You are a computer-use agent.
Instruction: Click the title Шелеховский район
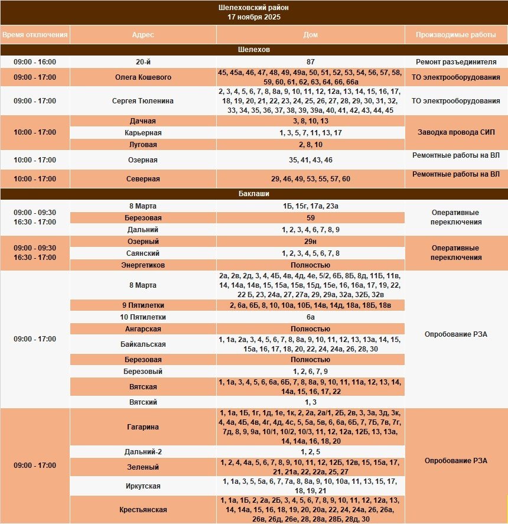click(x=254, y=8)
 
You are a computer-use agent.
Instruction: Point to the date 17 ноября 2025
click(x=254, y=17)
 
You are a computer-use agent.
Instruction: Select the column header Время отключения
click(x=34, y=35)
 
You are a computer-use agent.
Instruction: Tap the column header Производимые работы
click(x=456, y=35)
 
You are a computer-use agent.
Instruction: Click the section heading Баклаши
click(x=254, y=194)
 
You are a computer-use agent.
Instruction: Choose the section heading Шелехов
click(x=254, y=50)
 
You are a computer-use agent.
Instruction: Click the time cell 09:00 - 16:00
click(x=34, y=62)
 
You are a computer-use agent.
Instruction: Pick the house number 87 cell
click(x=311, y=62)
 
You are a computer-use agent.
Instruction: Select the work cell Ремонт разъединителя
click(x=456, y=62)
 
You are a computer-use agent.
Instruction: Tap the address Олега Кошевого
click(x=143, y=77)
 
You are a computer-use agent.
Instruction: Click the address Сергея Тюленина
click(x=143, y=101)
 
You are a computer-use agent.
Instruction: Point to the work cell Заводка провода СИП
click(x=456, y=133)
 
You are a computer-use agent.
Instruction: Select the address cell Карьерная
click(x=143, y=133)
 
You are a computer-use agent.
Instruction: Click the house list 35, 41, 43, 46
click(x=311, y=160)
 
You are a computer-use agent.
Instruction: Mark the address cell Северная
click(x=143, y=178)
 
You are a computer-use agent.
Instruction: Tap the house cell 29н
click(x=311, y=242)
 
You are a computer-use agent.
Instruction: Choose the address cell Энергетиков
click(x=143, y=265)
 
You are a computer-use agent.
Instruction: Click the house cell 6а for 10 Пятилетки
click(x=311, y=317)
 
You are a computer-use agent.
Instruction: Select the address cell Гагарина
click(x=143, y=427)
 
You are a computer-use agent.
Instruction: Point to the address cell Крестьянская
click(x=143, y=510)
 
